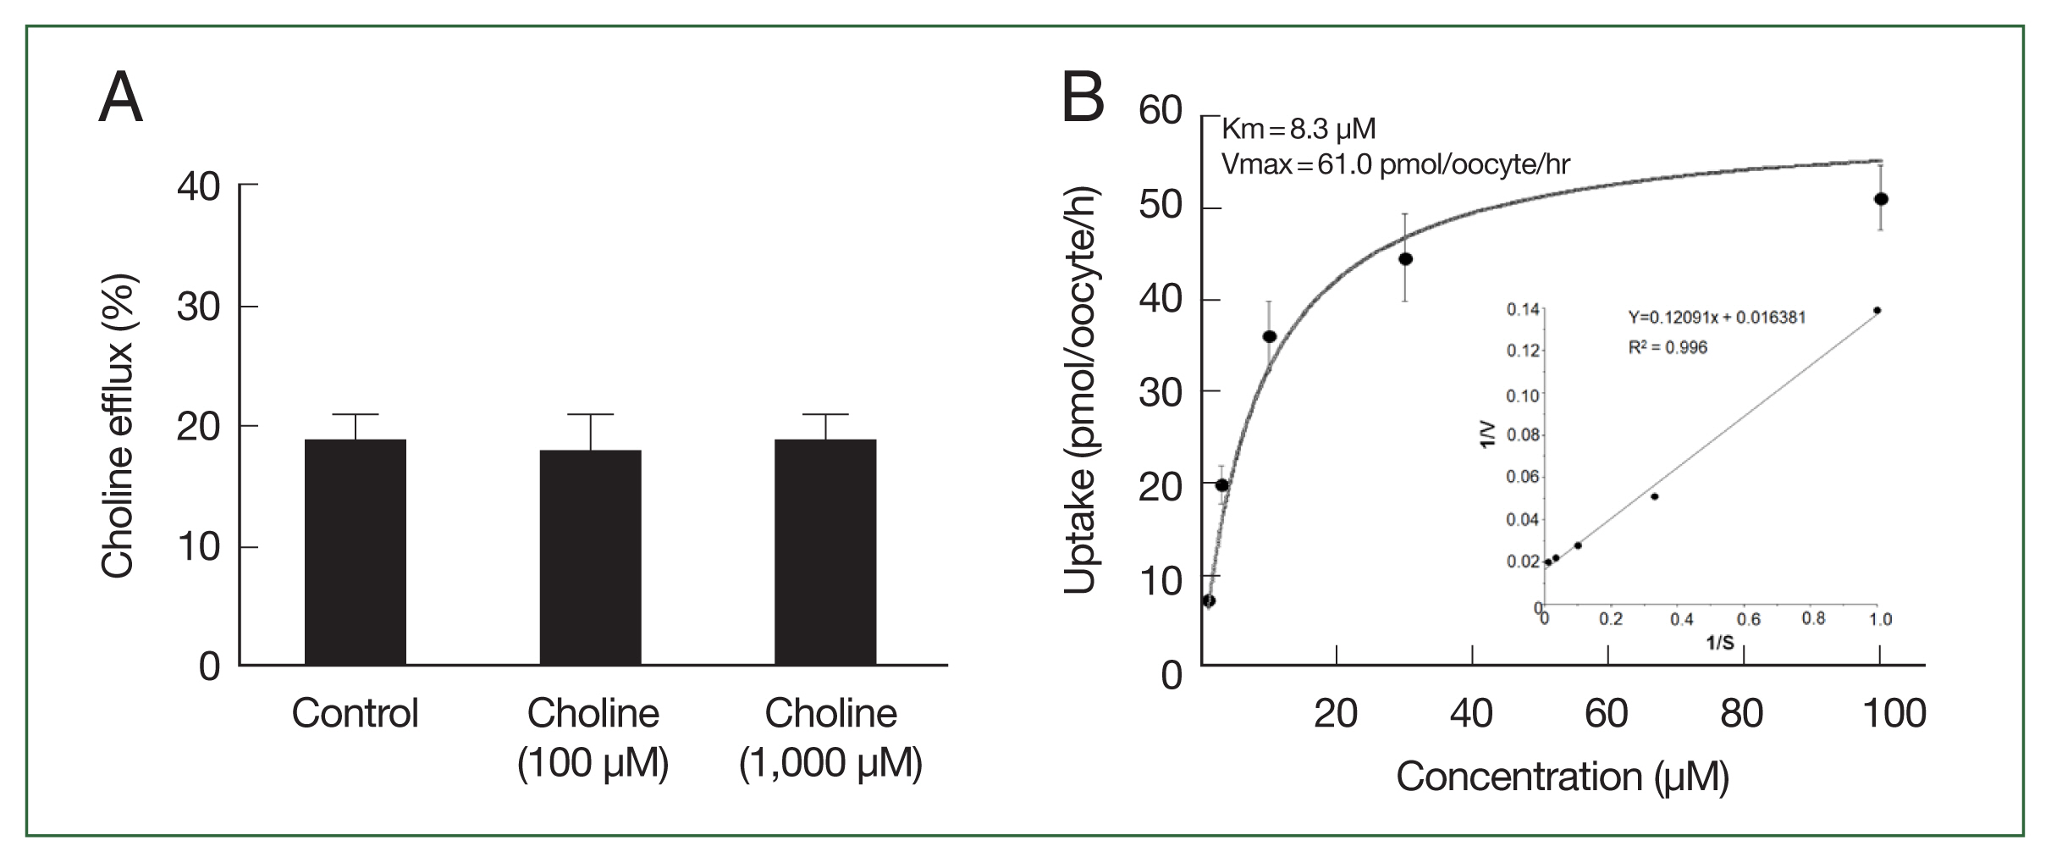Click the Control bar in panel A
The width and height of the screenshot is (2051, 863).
[x=355, y=551]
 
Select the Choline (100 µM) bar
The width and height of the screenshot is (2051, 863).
[x=590, y=556]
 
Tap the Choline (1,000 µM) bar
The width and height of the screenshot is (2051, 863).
[x=825, y=551]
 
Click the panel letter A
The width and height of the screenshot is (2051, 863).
[x=120, y=98]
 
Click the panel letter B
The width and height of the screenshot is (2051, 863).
[x=1083, y=98]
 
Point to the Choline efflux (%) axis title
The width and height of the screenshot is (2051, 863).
[x=118, y=426]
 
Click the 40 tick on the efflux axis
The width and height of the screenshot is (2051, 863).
[x=198, y=186]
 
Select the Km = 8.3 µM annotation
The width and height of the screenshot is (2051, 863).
[x=1298, y=129]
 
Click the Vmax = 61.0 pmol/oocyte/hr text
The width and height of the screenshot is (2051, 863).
[x=1395, y=163]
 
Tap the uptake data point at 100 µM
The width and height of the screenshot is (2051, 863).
[x=1881, y=199]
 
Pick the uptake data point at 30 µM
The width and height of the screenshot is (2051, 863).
[x=1405, y=258]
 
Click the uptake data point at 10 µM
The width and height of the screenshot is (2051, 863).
[x=1269, y=336]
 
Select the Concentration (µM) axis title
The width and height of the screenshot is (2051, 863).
[x=1562, y=777]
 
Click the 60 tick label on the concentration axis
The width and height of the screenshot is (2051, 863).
[x=1606, y=713]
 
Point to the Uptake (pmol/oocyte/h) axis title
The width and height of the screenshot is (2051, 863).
[x=1079, y=390]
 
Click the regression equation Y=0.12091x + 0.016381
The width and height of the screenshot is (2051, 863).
[x=1717, y=318]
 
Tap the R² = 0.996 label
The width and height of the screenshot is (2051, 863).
[x=1668, y=347]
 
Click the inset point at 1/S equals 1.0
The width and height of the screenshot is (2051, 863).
[x=1877, y=311]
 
